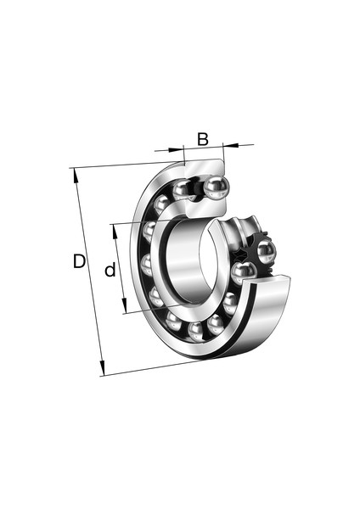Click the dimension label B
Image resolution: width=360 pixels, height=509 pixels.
click(x=203, y=139)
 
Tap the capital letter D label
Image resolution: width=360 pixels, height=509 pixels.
click(x=79, y=261)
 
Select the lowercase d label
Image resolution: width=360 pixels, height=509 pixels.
click(x=110, y=270)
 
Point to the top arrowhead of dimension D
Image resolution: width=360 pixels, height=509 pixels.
click(x=76, y=176)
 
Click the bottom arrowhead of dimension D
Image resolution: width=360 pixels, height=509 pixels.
click(x=102, y=369)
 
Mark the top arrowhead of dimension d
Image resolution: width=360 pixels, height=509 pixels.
click(x=115, y=231)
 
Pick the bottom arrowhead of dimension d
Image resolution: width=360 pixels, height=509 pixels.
click(x=124, y=306)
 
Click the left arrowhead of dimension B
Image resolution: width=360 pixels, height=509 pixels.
click(x=176, y=149)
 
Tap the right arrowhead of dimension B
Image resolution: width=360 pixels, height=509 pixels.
click(x=231, y=145)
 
